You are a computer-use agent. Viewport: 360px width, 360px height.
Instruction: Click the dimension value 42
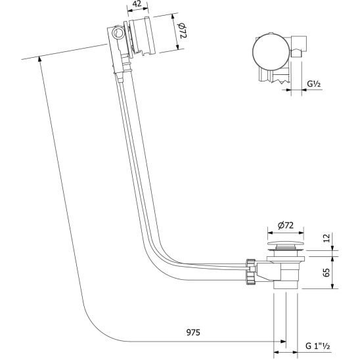(x=137, y=4)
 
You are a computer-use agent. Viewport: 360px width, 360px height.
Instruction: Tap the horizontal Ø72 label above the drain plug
(x=285, y=225)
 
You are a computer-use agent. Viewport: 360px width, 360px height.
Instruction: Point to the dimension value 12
(x=326, y=238)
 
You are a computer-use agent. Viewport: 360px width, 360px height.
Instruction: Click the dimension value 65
(x=326, y=272)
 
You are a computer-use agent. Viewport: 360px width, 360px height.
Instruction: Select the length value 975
(x=193, y=332)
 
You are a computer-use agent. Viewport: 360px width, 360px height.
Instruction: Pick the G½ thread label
(x=314, y=84)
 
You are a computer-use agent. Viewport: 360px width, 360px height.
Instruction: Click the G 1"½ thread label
(x=318, y=346)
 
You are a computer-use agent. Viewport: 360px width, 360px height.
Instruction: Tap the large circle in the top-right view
(x=271, y=51)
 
